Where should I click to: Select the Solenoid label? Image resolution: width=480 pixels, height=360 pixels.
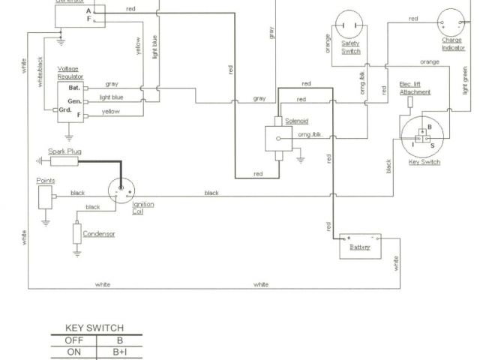[296, 121]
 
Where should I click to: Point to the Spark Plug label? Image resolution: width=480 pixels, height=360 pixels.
[65, 152]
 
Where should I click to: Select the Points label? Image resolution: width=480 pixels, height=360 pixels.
[45, 181]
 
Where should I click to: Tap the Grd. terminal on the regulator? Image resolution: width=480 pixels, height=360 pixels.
[67, 110]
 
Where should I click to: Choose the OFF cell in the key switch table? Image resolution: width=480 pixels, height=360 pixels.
[73, 340]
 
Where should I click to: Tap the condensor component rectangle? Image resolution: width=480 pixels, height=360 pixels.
[76, 233]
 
